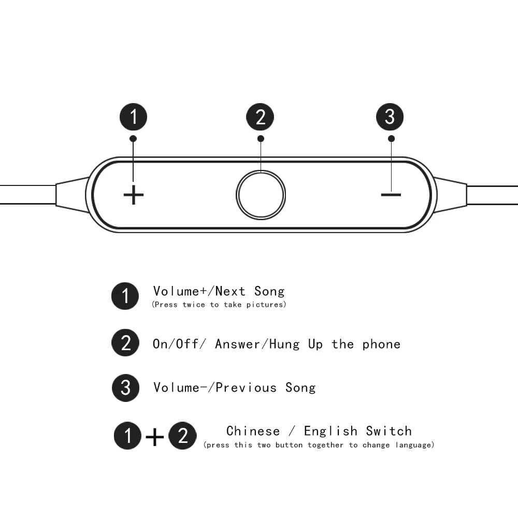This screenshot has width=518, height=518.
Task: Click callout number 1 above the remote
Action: (x=134, y=117)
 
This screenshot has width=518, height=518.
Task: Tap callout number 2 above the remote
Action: (x=261, y=117)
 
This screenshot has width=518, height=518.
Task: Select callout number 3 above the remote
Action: (x=390, y=117)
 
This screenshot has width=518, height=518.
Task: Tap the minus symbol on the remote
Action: (x=391, y=195)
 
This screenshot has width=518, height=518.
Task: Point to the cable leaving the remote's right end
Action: (x=492, y=194)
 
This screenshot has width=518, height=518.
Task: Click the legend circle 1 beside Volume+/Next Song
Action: (x=125, y=296)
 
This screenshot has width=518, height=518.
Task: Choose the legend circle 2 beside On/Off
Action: (x=125, y=343)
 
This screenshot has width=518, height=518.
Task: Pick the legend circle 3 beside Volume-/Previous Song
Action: (x=125, y=387)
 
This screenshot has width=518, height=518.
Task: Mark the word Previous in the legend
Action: (x=246, y=387)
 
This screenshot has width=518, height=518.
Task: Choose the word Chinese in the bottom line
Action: (x=253, y=431)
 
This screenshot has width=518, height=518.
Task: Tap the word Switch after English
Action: (x=388, y=431)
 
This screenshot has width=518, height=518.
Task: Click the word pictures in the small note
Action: (x=266, y=305)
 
